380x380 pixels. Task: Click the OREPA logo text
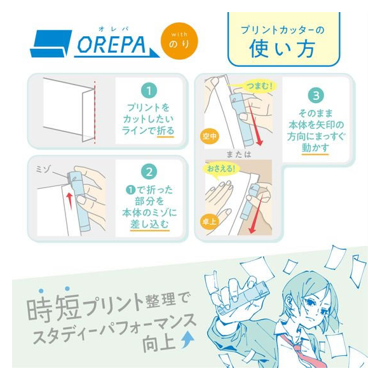tap(112, 45)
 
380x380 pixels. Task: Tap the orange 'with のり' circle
tap(179, 41)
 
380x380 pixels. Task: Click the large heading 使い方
tap(282, 49)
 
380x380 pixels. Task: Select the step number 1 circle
tap(149, 91)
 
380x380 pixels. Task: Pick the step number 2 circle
tap(149, 172)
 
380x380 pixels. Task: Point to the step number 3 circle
tap(316, 95)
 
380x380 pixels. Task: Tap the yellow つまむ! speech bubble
tap(259, 86)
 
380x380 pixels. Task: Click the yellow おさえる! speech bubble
tap(221, 170)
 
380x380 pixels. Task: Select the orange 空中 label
tap(210, 136)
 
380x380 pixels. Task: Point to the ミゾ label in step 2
tap(44, 169)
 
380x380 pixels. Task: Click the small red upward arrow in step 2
tap(69, 201)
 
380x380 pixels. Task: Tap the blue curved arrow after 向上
tap(188, 340)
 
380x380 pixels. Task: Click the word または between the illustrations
tap(238, 154)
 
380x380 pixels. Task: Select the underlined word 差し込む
tap(149, 224)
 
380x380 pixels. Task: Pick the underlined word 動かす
tap(315, 147)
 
